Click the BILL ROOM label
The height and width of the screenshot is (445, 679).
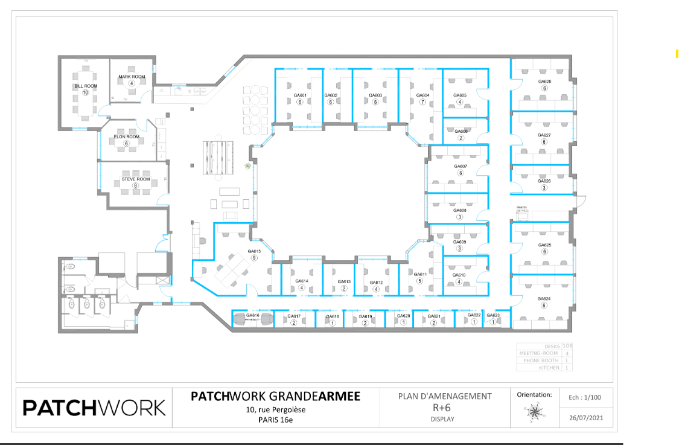coord(86,86)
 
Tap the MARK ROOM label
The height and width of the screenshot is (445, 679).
coord(132,77)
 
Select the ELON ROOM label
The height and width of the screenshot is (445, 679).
coord(127,137)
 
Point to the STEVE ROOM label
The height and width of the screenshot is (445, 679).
coord(135,179)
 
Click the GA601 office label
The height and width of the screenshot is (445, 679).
coord(300,95)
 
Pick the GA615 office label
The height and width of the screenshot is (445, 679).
coord(254,251)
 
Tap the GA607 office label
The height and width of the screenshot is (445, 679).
coord(460,166)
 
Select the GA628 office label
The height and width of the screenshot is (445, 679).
coord(544,82)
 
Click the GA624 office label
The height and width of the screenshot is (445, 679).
coord(544,298)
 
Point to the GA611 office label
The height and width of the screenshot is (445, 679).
coord(420,275)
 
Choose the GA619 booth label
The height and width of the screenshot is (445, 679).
coord(365,316)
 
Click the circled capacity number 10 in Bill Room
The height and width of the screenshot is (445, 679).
coord(86,92)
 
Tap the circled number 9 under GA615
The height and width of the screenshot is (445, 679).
coord(254,258)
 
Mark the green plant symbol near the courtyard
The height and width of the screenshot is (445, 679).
coord(247,166)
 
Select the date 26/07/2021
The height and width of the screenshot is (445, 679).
coord(585,417)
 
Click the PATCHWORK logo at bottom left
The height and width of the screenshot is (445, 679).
coord(94,408)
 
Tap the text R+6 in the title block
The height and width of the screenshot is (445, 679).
coord(445,408)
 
